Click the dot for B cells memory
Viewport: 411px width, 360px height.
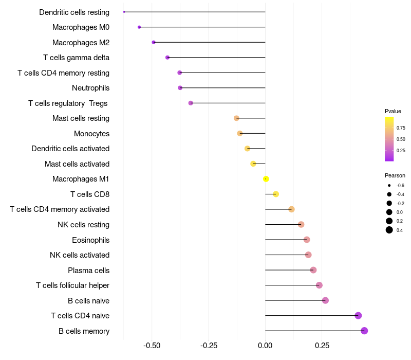coord(364,331)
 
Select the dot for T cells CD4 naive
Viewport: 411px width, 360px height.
coord(358,316)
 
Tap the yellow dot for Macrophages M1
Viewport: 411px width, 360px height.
coord(266,179)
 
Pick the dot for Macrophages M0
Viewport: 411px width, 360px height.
coord(139,27)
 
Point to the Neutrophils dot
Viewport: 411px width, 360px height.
coord(180,88)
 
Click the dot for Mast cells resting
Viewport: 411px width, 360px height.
coord(236,118)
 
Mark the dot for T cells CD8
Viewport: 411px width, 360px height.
coord(276,194)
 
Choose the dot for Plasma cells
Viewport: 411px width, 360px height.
coord(313,270)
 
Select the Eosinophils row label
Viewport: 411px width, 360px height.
coord(90,240)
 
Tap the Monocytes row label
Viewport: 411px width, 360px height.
coord(91,134)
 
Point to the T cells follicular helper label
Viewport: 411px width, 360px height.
coord(72,285)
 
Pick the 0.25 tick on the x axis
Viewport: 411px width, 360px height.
coord(322,346)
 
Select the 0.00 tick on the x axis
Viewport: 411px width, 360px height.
coord(265,346)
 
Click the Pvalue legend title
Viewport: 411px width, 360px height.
coord(393,111)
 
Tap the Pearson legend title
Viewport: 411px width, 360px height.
coord(395,175)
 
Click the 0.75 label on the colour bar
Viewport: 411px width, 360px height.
coord(401,128)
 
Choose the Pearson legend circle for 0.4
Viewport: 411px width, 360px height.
coord(389,230)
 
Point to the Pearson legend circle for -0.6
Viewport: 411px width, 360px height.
coord(389,185)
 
